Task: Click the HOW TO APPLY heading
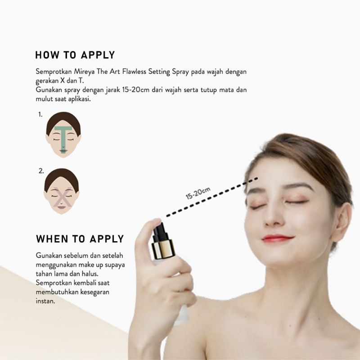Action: click(75, 55)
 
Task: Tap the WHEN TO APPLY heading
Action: click(80, 238)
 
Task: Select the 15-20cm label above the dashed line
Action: click(198, 193)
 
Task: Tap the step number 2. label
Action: click(41, 171)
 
